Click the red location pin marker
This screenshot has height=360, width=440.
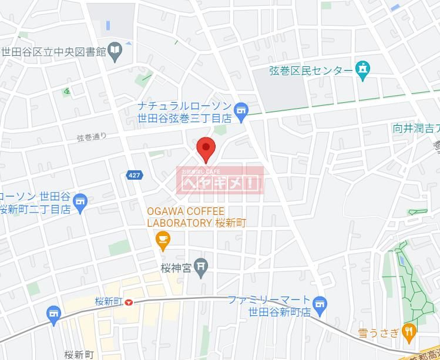206,149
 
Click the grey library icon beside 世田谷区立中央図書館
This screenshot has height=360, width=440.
116,52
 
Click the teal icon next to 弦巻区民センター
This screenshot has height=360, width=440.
363,70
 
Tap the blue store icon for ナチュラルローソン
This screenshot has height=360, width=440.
240,110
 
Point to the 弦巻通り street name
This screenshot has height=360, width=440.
92,137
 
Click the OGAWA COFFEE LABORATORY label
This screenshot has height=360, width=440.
186,217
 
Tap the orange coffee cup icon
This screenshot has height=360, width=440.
162,239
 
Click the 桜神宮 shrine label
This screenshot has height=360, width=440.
176,268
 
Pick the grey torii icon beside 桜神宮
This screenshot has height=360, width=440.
201,268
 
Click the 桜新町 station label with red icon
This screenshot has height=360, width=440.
108,302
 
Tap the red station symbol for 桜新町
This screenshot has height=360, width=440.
129,302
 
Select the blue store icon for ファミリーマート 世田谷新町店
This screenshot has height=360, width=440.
320,303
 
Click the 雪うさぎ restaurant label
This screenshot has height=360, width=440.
379,333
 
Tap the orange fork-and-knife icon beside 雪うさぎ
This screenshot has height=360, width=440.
409,332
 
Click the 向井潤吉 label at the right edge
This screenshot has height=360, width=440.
416,128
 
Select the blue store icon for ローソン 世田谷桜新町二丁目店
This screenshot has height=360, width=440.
80,202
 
